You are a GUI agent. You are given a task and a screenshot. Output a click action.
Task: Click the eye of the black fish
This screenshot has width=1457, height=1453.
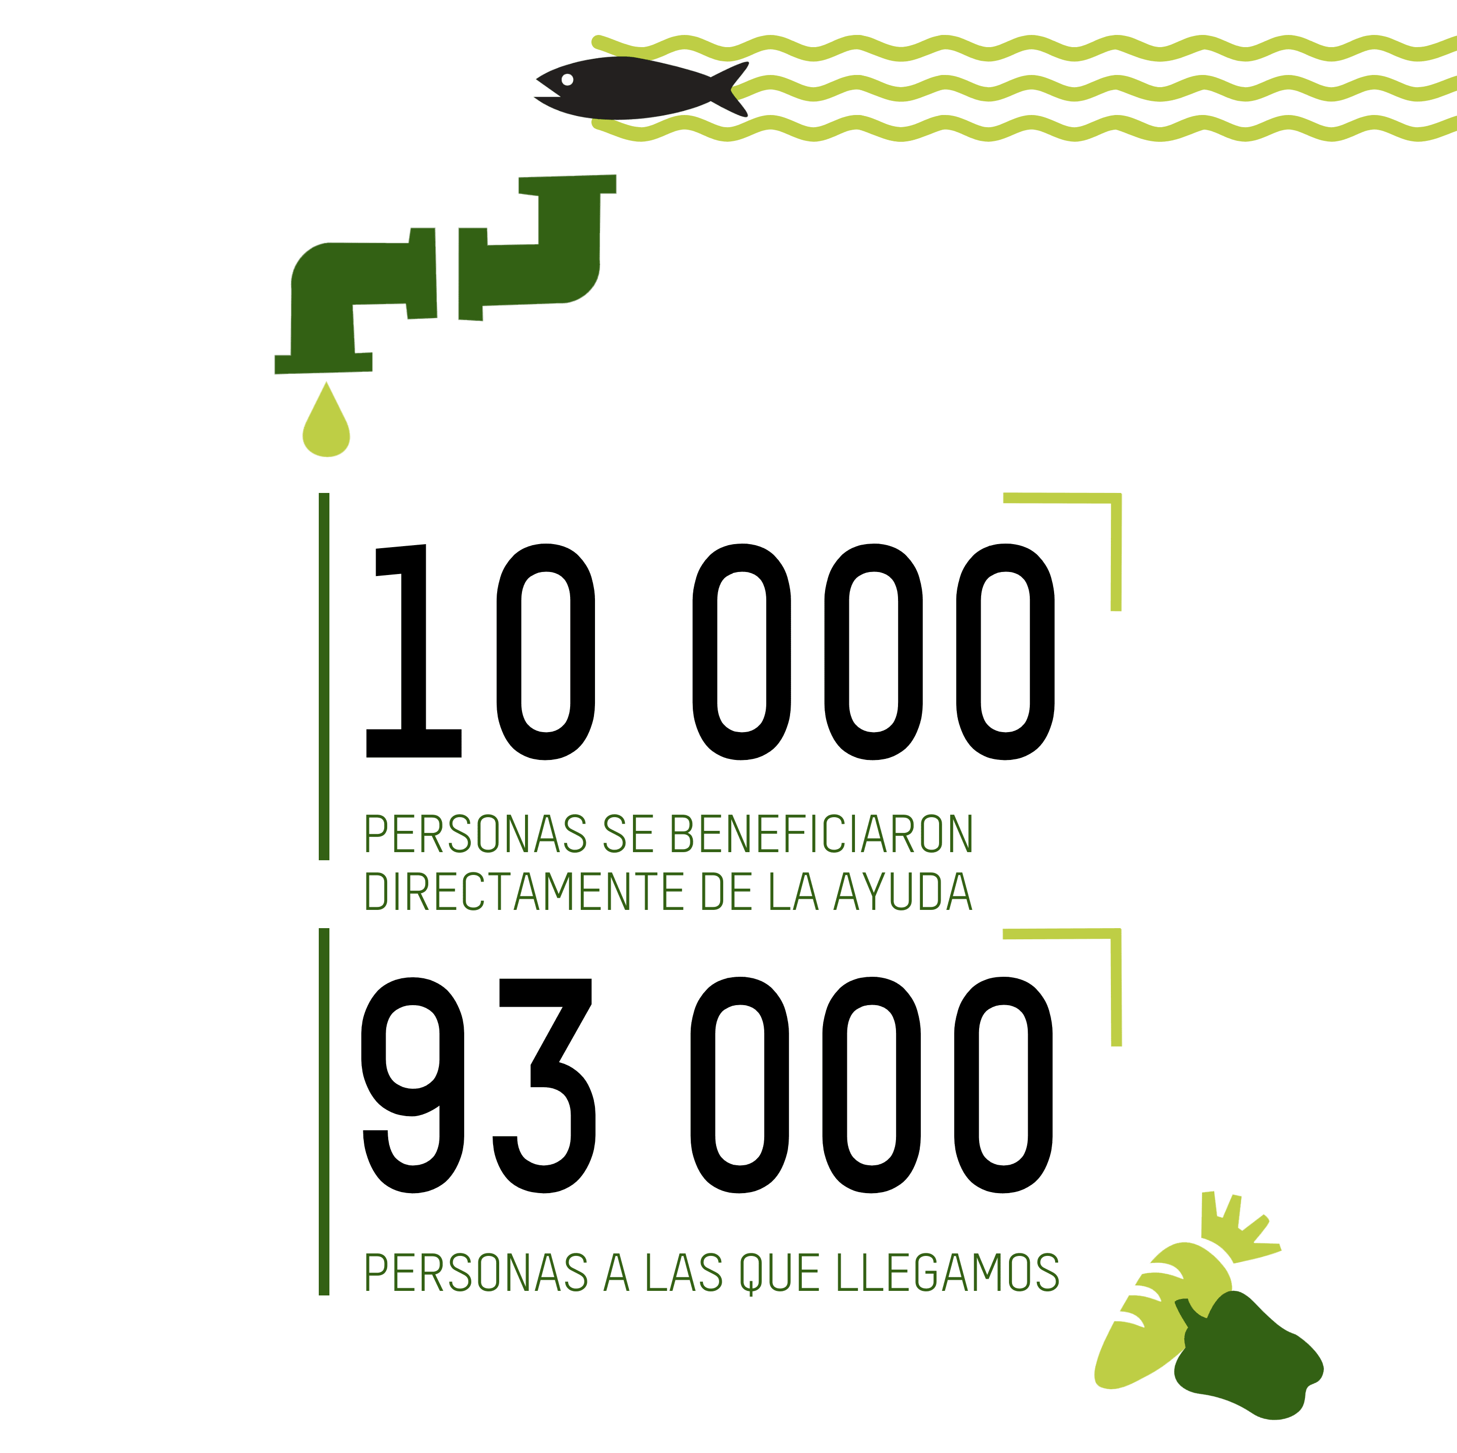[x=567, y=79]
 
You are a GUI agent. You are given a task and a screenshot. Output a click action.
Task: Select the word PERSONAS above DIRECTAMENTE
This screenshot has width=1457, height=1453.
[x=475, y=835]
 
